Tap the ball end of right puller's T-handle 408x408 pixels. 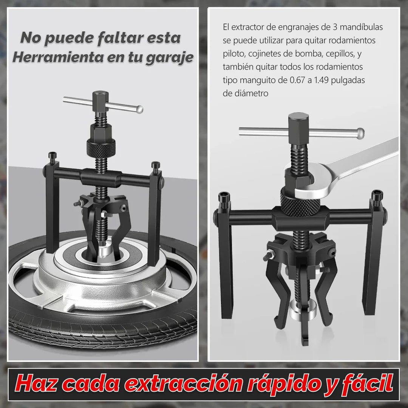[360, 133]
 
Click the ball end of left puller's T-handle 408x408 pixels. [140, 110]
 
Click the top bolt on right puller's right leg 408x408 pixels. [377, 195]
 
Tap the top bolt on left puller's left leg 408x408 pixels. [51, 155]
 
